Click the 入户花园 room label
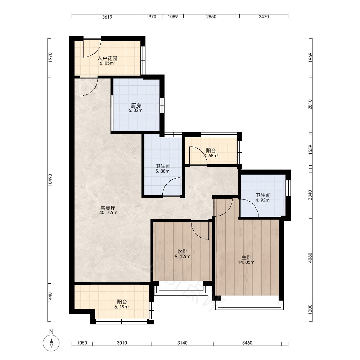[x=107, y=58]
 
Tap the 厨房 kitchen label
[x=136, y=105]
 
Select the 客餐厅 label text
[x=108, y=208]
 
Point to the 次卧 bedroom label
[x=182, y=251]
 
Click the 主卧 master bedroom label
[x=247, y=257]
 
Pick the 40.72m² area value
[x=108, y=213]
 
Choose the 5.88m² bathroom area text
[x=163, y=171]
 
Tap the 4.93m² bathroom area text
[x=263, y=200]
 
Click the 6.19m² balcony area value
[x=122, y=307]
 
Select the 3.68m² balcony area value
[x=211, y=156]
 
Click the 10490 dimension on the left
[x=50, y=180]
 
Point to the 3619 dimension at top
[x=107, y=17]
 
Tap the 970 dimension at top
[x=152, y=17]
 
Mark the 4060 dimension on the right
[x=310, y=258]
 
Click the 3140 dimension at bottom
[x=182, y=343]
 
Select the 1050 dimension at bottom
[x=82, y=343]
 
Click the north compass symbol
[x=51, y=343]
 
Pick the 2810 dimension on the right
[x=310, y=104]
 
